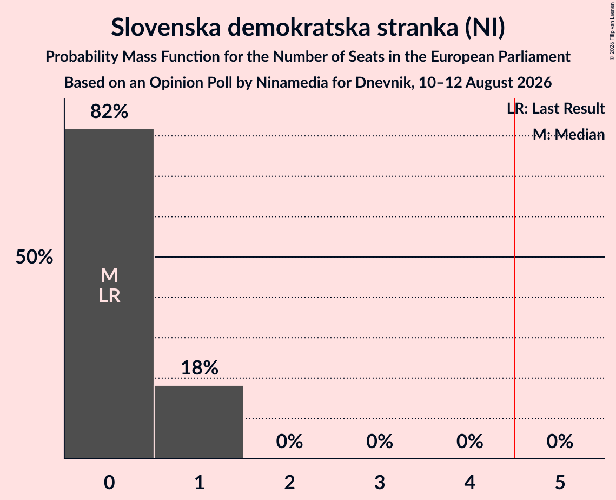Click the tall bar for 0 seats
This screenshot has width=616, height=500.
point(109,294)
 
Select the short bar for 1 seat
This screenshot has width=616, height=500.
point(199,422)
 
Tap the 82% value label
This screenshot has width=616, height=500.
point(109,111)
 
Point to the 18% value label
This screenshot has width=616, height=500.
point(200,368)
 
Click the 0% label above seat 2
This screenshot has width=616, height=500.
point(289,442)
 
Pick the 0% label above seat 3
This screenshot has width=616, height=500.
point(380,442)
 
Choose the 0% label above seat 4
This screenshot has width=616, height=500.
point(470,442)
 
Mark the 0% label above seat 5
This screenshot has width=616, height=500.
point(560,442)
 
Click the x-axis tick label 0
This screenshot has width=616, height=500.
point(109,482)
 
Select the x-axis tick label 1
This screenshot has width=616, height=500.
point(200,482)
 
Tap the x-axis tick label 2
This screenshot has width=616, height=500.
point(289,482)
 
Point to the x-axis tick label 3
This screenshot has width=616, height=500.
point(380,482)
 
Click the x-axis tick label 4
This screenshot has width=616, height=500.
point(470,482)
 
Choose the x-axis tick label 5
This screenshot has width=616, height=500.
point(560,482)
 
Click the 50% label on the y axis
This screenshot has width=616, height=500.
point(34,257)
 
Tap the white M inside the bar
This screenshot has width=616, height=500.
point(109,275)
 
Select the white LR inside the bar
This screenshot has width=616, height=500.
point(109,296)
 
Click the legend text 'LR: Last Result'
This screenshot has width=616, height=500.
point(556,108)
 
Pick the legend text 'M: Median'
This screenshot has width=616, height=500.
point(569,135)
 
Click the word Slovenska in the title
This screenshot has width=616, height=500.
point(166,27)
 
